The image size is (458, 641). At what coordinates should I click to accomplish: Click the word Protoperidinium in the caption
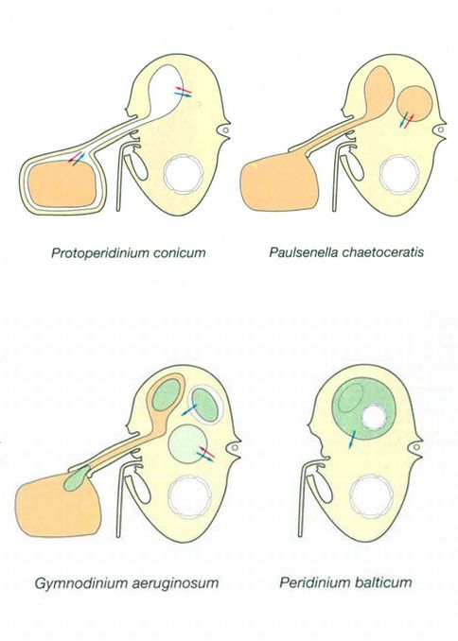click(x=100, y=252)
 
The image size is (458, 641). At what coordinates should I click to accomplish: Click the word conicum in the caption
click(x=179, y=252)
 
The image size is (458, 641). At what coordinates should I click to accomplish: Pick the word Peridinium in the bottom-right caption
click(x=310, y=581)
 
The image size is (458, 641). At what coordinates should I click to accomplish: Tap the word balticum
click(x=379, y=581)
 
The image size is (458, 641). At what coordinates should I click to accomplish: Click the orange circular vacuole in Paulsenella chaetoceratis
click(x=414, y=103)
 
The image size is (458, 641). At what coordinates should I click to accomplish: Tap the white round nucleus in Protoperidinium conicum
click(x=183, y=173)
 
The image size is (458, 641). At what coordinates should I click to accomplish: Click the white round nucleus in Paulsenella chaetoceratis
click(x=398, y=173)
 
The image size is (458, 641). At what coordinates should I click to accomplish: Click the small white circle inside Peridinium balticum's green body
click(x=375, y=418)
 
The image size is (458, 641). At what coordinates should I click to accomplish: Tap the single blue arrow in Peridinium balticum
click(x=352, y=440)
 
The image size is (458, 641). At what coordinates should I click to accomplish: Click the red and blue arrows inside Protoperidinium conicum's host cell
click(x=184, y=92)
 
